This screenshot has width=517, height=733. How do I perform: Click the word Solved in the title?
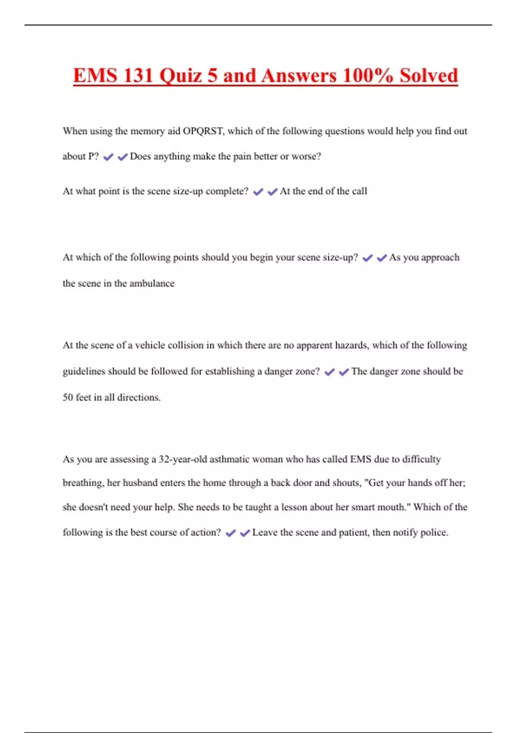[x=429, y=76]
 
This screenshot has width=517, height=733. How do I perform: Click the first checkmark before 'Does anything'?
[x=108, y=157]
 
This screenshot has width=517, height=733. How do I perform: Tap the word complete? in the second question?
[x=227, y=191]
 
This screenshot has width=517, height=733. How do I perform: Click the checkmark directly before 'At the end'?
[x=272, y=192]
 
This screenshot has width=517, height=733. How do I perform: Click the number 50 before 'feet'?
[x=68, y=398]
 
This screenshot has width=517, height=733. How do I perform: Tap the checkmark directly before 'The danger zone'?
[x=344, y=372]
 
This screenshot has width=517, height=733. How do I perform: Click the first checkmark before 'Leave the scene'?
[x=231, y=533]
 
